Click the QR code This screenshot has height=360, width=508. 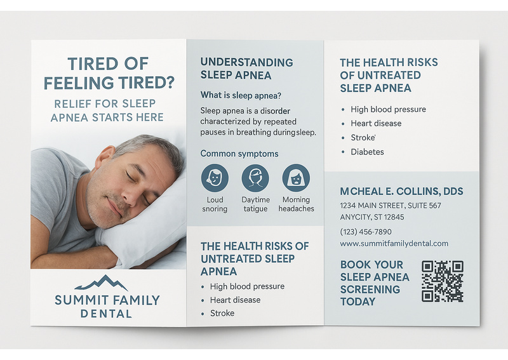coord(443,281)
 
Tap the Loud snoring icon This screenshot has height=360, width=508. coord(215,178)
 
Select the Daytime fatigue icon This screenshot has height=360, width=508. coord(255,178)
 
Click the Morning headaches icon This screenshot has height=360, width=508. coord(296,178)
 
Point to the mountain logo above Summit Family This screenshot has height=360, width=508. coord(102,283)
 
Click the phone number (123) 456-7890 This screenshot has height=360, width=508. coord(366,232)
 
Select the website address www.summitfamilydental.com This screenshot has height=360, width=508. coord(394,243)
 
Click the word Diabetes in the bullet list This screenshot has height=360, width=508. coord(367,152)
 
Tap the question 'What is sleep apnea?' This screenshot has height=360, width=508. coord(241,95)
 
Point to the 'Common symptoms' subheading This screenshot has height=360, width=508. coord(239,153)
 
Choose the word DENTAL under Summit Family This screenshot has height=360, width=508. coord(106,314)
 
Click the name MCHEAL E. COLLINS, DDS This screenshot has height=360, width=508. coord(401,192)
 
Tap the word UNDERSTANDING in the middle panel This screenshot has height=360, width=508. coord(246,62)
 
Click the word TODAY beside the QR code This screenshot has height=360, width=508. coord(358,302)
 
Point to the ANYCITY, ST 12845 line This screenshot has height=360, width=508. coord(372,217)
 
